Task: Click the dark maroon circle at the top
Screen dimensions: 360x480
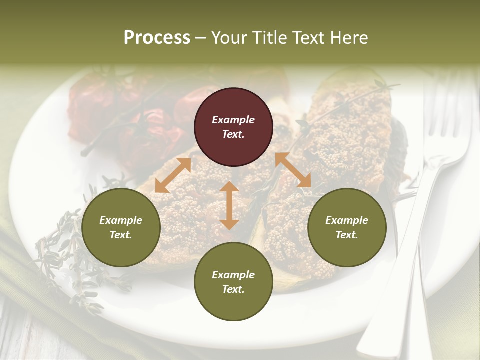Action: pos(233,127)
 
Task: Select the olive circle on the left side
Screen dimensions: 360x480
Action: pos(121,227)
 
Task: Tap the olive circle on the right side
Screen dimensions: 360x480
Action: pos(347,227)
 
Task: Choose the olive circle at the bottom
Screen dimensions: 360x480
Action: pos(233,282)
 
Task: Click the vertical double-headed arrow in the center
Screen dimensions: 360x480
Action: pos(229,205)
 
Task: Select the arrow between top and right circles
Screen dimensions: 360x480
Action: pos(293,170)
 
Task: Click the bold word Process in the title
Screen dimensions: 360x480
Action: pos(157,38)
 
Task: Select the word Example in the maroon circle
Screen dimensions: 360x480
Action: pos(233,120)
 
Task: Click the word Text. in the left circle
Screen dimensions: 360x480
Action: pos(121,235)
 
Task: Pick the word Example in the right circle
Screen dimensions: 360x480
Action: pos(347,220)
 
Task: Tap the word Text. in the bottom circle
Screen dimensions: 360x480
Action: pos(233,289)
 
